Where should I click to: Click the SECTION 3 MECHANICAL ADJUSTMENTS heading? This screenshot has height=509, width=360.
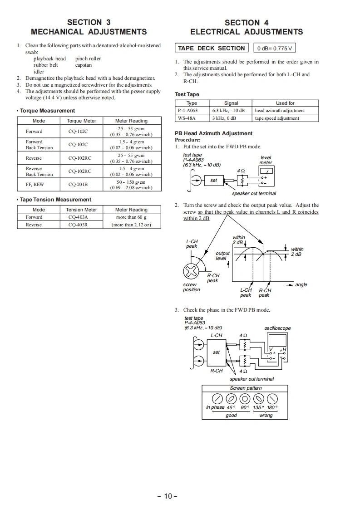point(89,27)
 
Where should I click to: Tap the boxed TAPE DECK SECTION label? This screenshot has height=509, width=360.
point(211,48)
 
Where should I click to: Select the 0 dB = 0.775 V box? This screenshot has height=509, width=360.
point(275,49)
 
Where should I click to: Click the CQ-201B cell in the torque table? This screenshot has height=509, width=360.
point(78,185)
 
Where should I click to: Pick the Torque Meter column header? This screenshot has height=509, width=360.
point(81,121)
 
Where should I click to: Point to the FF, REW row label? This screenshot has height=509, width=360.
point(35,185)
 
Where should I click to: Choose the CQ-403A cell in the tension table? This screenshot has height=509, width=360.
point(78,217)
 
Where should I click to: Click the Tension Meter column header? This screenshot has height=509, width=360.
point(81,210)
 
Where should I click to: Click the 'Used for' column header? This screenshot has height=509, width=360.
point(285,103)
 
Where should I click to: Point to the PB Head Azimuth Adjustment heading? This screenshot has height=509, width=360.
point(214,133)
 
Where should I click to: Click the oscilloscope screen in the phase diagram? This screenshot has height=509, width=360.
point(276,340)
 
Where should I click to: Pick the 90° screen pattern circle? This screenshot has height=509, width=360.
point(245,399)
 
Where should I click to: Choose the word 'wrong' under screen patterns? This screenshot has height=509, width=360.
point(266,415)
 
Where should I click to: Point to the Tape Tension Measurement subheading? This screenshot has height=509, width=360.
point(55,200)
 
